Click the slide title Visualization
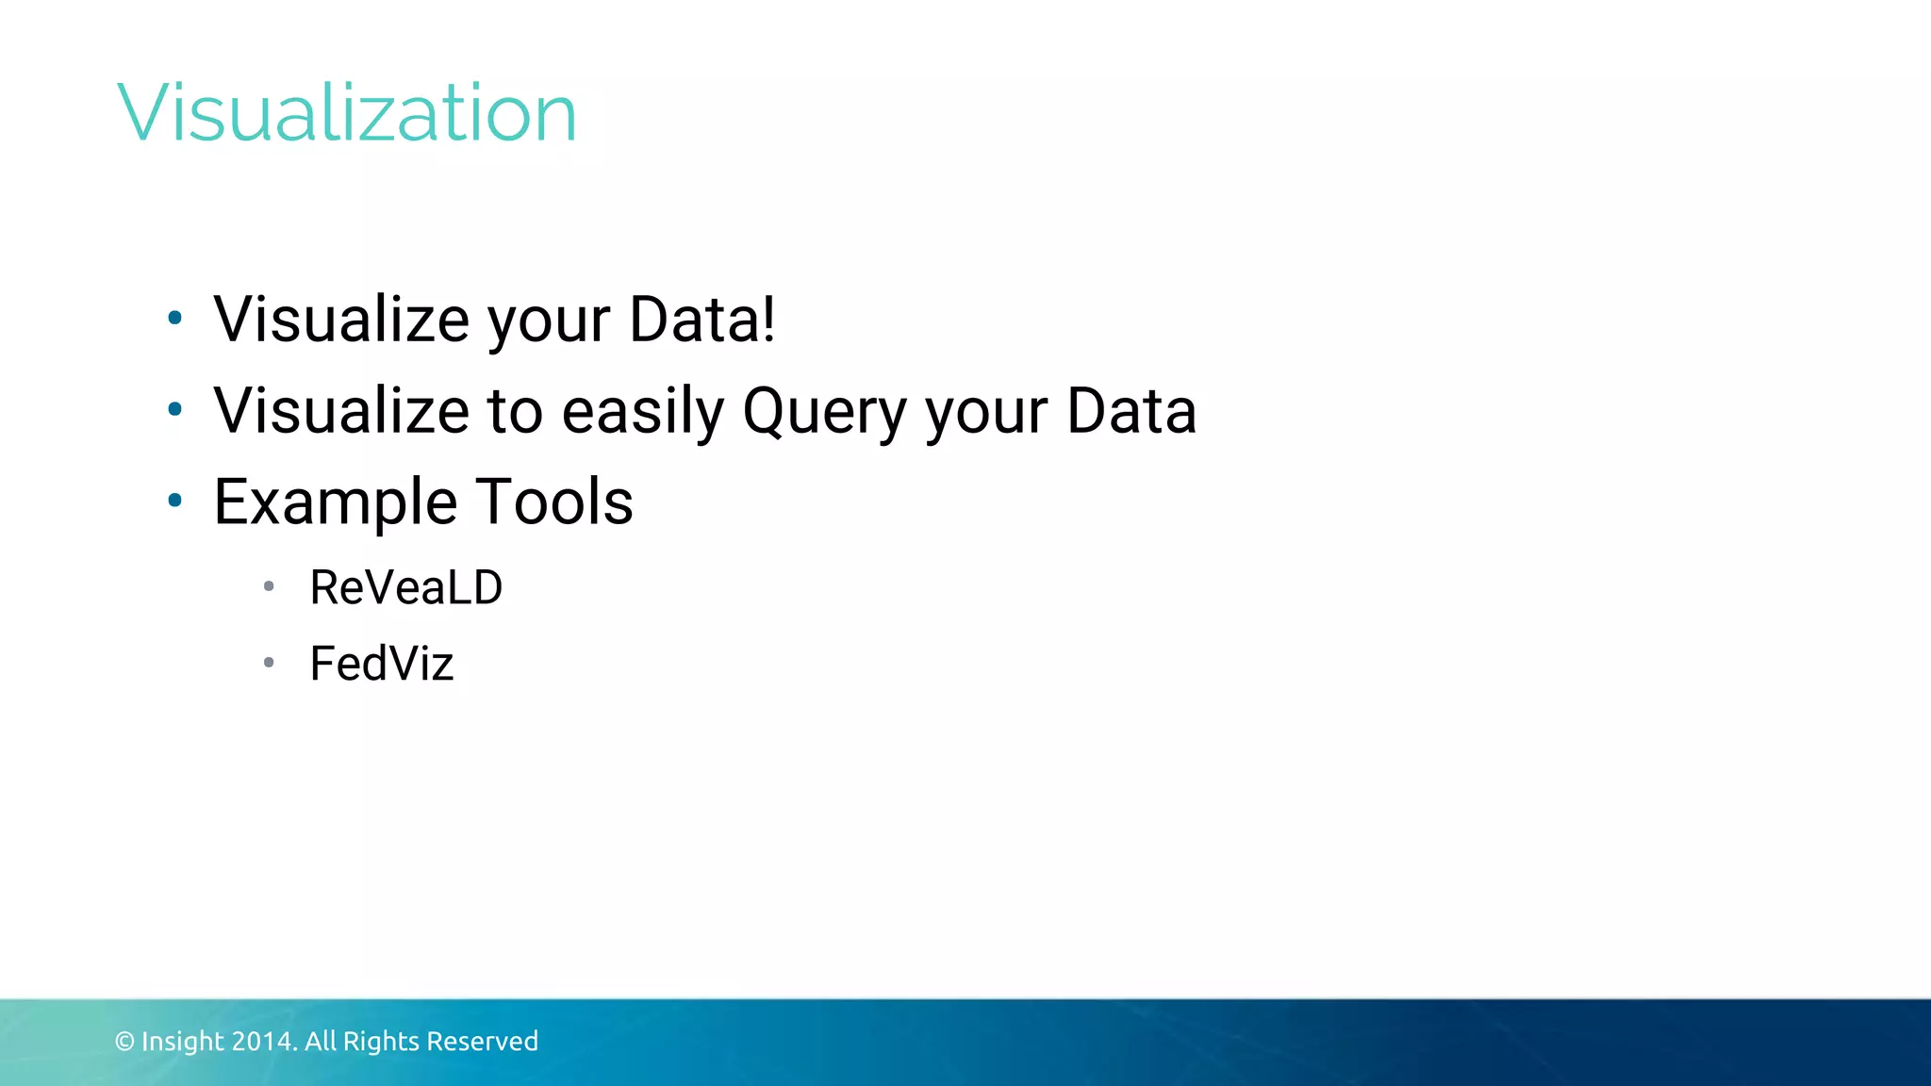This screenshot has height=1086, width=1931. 346,113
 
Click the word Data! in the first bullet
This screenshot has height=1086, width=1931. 701,320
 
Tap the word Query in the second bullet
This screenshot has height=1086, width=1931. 823,412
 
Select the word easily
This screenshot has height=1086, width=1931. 642,412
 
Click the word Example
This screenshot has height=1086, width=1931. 335,502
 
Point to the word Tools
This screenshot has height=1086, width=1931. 553,502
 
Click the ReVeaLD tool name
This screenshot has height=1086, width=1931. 405,588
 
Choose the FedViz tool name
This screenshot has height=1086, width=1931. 381,664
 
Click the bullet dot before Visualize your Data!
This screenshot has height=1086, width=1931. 174,319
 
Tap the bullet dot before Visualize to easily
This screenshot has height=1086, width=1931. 174,409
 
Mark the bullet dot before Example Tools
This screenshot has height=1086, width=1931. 174,501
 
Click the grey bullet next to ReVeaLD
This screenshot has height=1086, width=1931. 269,586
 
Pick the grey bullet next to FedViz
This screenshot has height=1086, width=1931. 269,663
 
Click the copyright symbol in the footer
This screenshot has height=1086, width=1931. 124,1042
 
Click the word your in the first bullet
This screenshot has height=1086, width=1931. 548,321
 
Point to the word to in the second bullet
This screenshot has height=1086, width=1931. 515,412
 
